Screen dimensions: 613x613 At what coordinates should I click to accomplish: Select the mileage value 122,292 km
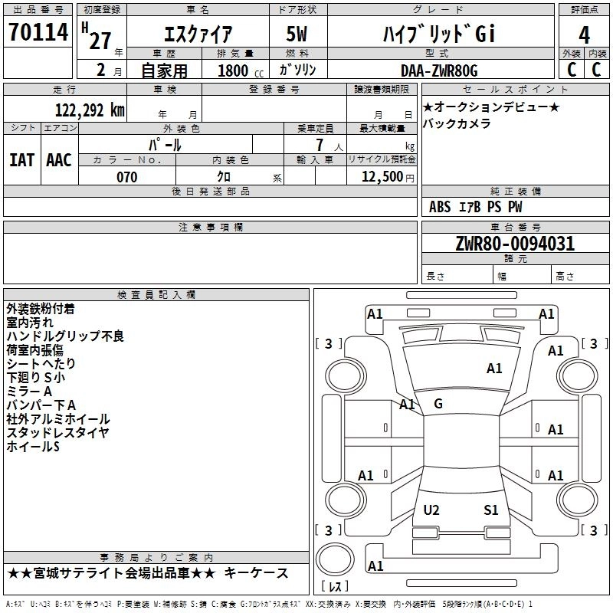[x=90, y=110]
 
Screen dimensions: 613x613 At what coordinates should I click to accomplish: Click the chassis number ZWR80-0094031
[x=515, y=244]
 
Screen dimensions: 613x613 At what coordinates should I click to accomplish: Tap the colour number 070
[x=126, y=177]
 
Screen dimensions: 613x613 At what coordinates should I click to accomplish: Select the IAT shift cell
[x=21, y=160]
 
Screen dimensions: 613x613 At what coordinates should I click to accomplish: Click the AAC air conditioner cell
[x=58, y=160]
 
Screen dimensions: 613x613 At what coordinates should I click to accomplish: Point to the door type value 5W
[x=297, y=34]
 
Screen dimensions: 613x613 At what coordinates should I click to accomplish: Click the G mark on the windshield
[x=438, y=404]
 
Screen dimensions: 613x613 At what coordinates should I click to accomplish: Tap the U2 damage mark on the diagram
[x=431, y=510]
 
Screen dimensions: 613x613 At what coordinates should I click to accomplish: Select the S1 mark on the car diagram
[x=491, y=510]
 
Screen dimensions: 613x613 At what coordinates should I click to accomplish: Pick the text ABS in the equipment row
[x=441, y=207]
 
